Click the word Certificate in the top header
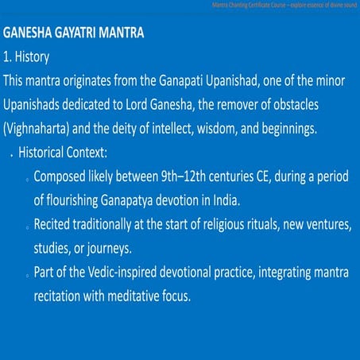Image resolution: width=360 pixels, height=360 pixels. point(242,5)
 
